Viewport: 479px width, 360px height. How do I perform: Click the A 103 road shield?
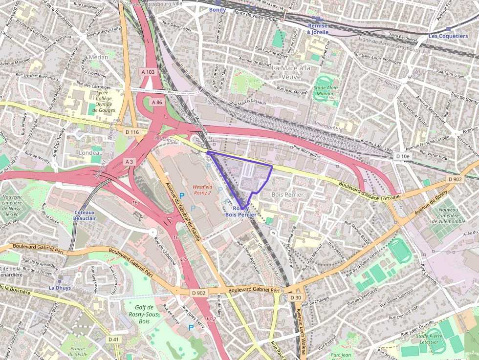148,72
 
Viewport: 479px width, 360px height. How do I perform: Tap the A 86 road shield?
156,103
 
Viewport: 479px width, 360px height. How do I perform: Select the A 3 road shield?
129,161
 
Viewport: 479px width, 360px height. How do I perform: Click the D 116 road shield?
132,132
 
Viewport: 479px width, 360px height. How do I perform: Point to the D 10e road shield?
403,156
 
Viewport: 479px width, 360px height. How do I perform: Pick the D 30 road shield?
295,297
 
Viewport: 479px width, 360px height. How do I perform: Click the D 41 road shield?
113,339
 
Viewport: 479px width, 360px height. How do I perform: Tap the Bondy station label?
218,9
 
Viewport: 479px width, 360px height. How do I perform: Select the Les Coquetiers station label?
448,36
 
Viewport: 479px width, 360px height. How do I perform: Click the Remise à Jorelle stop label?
318,28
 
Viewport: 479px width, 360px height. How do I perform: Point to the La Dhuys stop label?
60,288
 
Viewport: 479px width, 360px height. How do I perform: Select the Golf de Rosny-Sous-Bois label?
144,314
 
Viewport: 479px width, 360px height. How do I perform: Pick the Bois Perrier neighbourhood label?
287,194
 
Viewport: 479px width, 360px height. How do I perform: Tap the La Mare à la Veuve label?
291,72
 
